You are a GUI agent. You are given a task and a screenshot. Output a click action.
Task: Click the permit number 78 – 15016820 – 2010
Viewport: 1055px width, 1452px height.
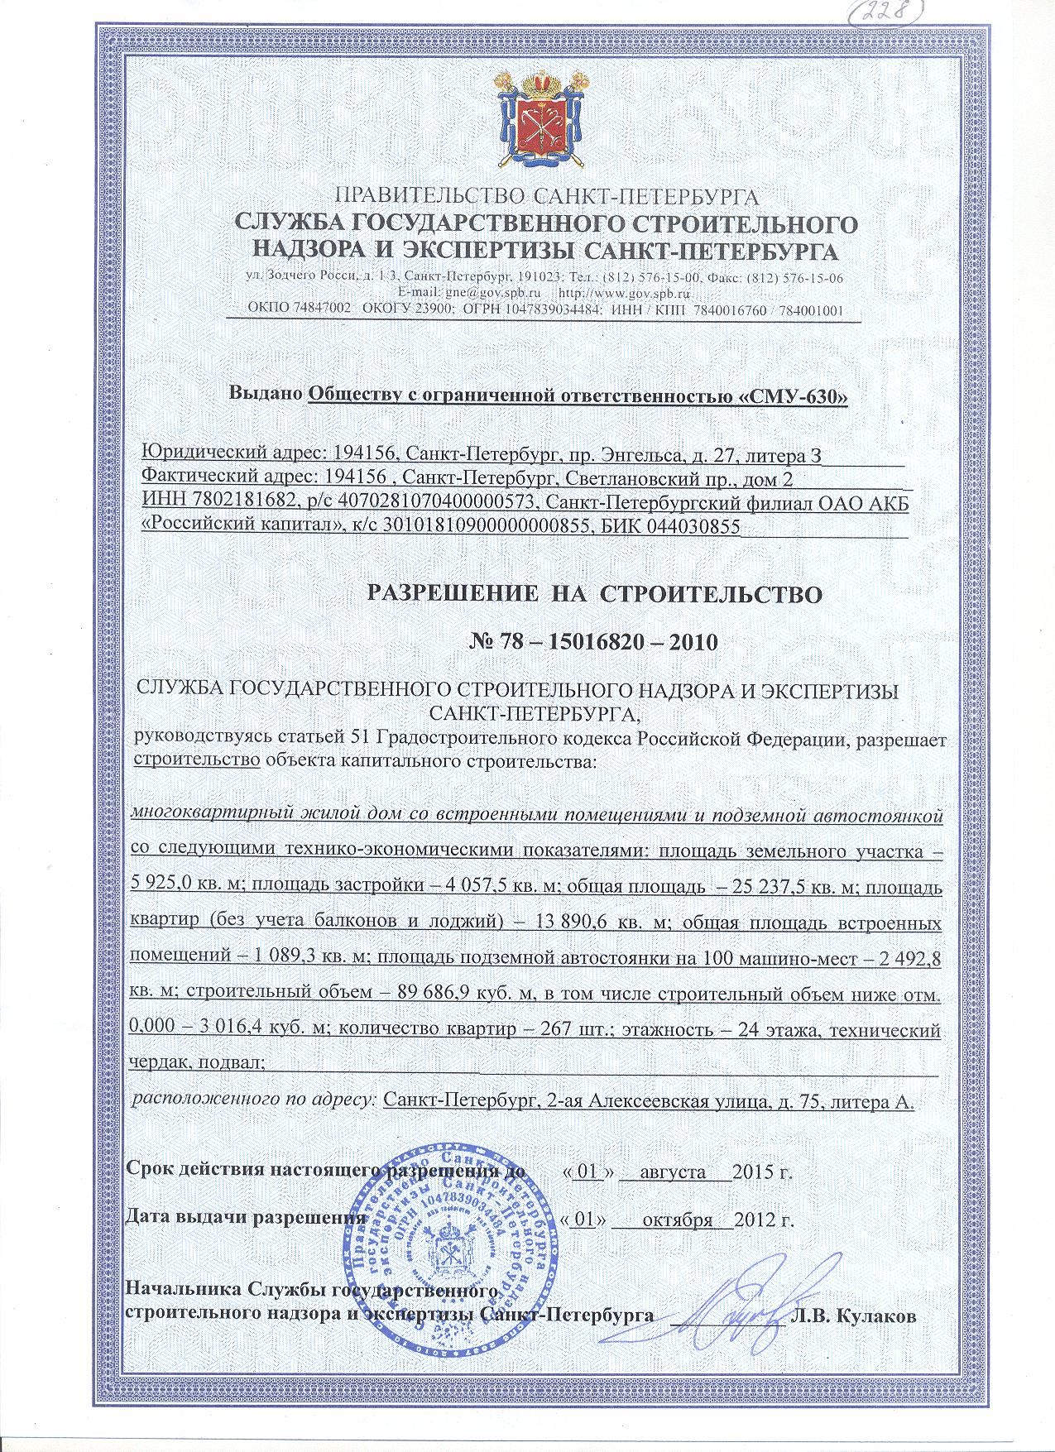(544, 642)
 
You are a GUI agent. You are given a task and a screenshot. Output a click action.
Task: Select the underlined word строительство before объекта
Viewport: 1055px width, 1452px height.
(198, 760)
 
